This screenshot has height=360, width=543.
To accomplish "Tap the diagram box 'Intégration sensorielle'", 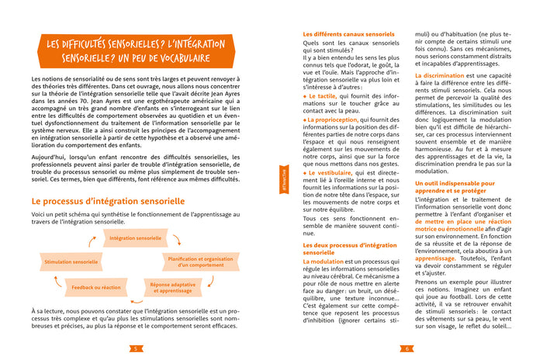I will (135, 238).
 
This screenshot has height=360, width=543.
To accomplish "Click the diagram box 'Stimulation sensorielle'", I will (71, 262).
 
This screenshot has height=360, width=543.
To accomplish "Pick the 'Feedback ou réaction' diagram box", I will (96, 287).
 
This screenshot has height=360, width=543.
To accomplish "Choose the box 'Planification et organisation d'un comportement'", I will (199, 262).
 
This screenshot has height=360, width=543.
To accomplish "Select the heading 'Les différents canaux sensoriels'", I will (343, 35).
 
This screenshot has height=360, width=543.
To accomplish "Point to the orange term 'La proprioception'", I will (333, 119).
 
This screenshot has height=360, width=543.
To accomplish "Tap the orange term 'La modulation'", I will (323, 261).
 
